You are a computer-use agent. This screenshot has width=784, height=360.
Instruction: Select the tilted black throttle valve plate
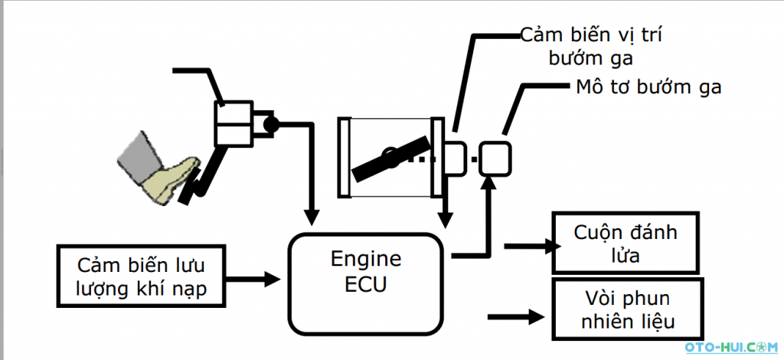coord(390,156)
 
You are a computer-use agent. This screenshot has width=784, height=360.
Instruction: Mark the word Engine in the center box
coord(365,258)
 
